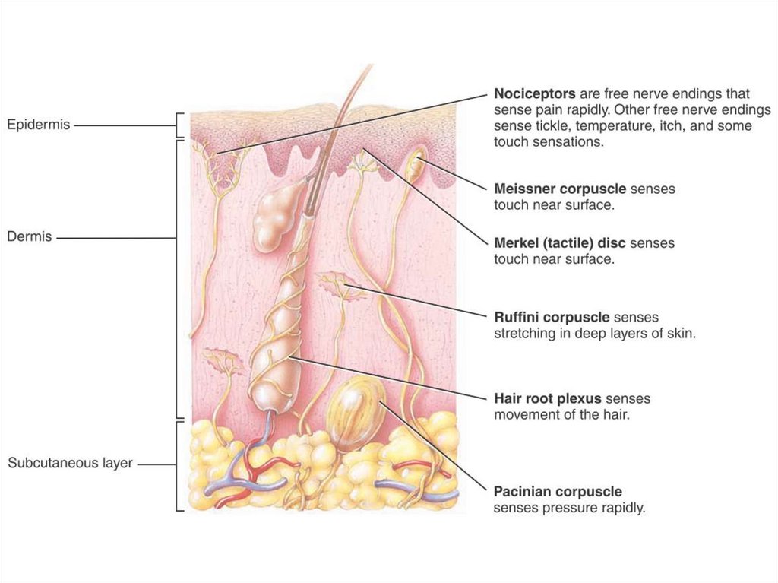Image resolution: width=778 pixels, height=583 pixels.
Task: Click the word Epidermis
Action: tap(39, 124)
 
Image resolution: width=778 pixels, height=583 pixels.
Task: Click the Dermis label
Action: tap(30, 236)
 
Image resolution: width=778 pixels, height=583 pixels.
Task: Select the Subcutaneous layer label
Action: tap(70, 463)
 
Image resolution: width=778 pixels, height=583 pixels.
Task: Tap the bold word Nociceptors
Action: tap(535, 94)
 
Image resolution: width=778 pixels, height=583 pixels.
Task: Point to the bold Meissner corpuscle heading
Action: tap(560, 189)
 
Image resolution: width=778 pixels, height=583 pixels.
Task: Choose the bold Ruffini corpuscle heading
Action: tap(552, 317)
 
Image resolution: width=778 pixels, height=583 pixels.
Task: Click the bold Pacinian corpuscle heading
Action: tap(558, 492)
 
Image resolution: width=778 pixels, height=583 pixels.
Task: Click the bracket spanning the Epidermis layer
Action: tap(179, 124)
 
